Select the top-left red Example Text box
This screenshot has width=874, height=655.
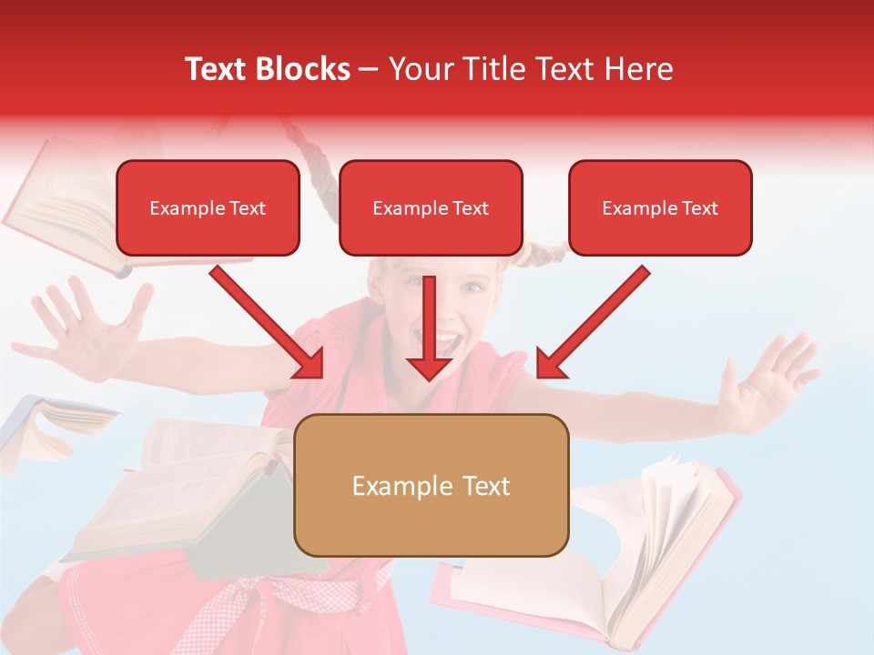click(208, 207)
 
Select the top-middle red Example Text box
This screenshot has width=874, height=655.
click(431, 207)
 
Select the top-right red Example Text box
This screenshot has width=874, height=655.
click(660, 207)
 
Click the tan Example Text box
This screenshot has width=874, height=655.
click(431, 486)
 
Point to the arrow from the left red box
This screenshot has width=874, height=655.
click(269, 323)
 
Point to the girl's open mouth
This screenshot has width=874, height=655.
click(446, 343)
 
